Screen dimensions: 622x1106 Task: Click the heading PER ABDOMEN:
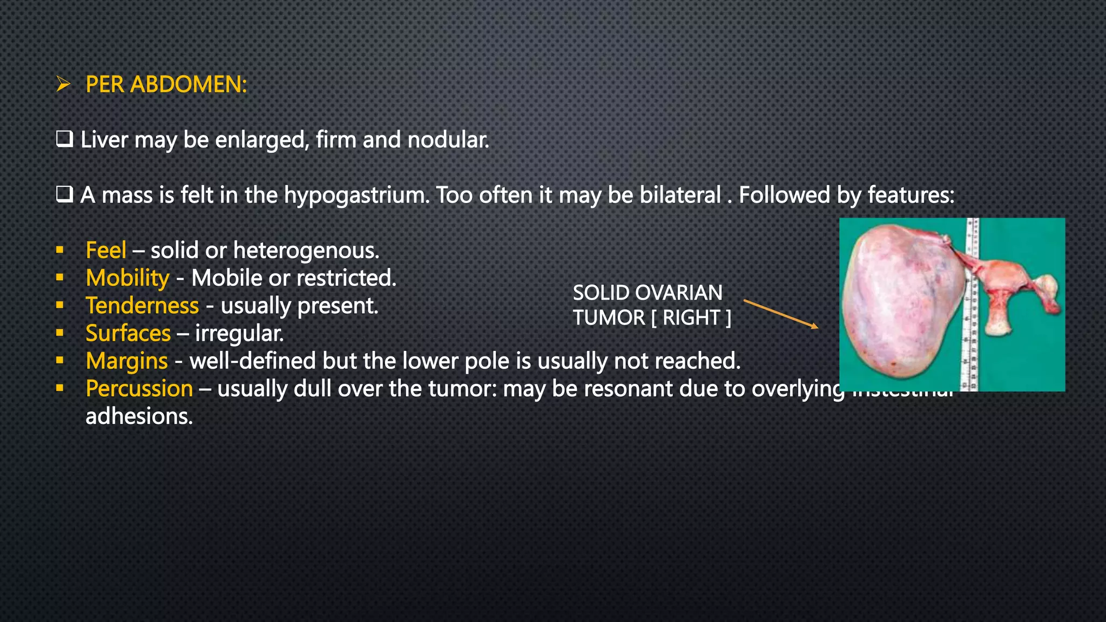[166, 84]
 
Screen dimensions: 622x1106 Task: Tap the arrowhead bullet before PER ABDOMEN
[64, 84]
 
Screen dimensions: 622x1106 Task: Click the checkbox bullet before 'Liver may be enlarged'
[64, 140]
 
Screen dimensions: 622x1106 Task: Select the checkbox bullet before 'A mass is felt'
[64, 194]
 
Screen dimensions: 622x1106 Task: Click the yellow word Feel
[106, 250]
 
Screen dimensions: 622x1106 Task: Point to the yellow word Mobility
[127, 278]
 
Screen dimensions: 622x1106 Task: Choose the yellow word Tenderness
[142, 306]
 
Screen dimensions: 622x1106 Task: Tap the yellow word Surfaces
[128, 333]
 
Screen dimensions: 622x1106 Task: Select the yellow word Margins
[126, 361]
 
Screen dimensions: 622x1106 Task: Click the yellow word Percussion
[139, 388]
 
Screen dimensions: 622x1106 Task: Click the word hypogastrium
[356, 195]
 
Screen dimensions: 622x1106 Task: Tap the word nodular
[448, 140]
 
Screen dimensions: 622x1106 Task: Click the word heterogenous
[306, 250]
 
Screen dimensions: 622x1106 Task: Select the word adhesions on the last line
[139, 416]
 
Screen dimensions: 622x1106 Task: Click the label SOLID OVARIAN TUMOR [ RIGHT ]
[651, 305]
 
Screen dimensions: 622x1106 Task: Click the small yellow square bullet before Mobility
[60, 278]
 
